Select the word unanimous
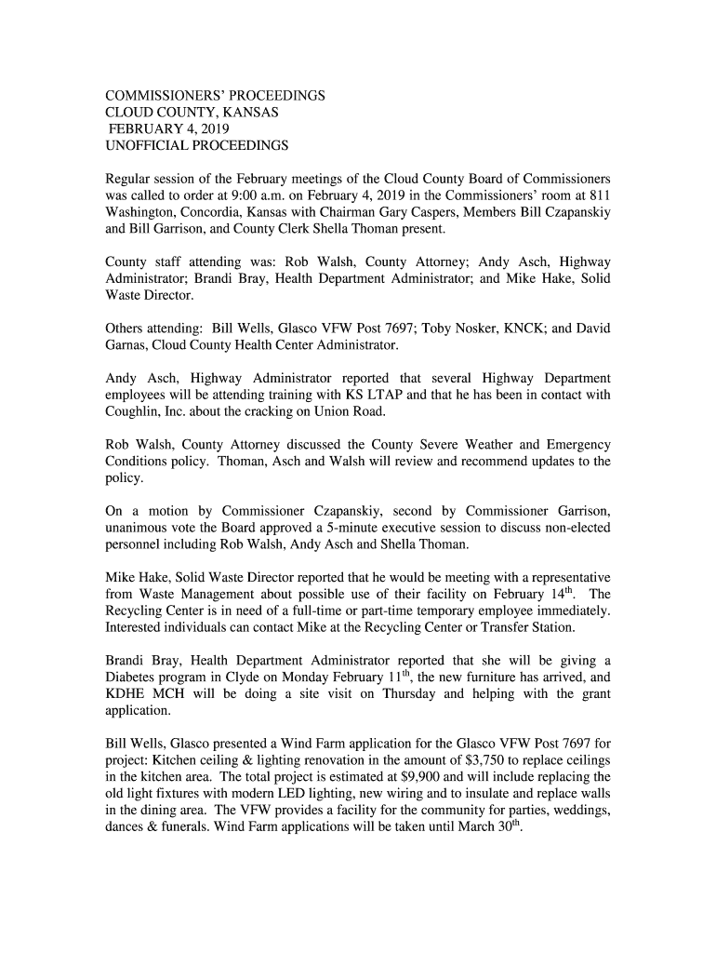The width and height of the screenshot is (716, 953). pyautogui.click(x=136, y=527)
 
